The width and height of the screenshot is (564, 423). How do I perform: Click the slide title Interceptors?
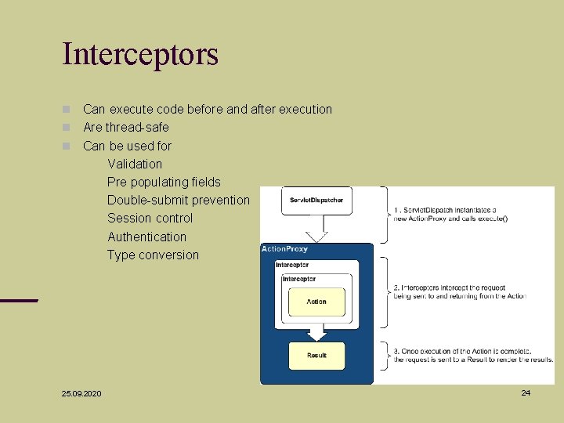[140, 55]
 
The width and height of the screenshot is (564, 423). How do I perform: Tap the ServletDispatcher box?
[316, 201]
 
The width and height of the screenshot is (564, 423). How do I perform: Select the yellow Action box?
[316, 302]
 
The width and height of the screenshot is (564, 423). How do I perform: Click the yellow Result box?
[316, 355]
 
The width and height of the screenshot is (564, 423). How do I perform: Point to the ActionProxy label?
[284, 249]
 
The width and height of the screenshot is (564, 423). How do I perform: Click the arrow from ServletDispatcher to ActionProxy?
[316, 231]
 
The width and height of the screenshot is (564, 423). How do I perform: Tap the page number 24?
[526, 392]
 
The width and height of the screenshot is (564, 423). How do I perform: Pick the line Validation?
[135, 164]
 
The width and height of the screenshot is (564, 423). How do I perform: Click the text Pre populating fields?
[164, 182]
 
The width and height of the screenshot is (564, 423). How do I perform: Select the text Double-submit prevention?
[178, 200]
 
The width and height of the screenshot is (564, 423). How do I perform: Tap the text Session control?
[150, 218]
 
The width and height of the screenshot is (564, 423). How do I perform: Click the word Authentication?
[146, 237]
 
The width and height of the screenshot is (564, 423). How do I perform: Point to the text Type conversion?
[153, 255]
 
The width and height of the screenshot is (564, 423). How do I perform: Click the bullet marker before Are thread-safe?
[67, 127]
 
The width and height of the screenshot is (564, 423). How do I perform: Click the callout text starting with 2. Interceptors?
[460, 291]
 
